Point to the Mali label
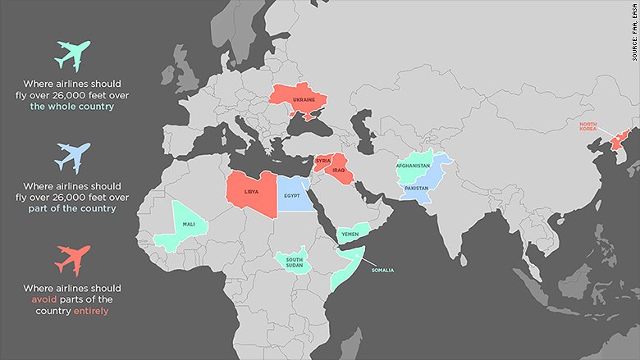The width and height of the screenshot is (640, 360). (187, 223)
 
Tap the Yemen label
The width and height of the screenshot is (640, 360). (349, 234)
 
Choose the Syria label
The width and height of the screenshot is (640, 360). (322, 161)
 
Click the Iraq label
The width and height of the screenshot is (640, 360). (340, 171)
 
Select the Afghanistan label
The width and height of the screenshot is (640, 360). (413, 166)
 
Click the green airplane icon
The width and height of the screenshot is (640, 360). (72, 56)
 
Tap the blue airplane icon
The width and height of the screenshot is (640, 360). (72, 157)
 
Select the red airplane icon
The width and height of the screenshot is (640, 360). (72, 258)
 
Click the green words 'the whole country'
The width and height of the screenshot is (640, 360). (72, 107)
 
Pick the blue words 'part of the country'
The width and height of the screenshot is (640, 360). (72, 208)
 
